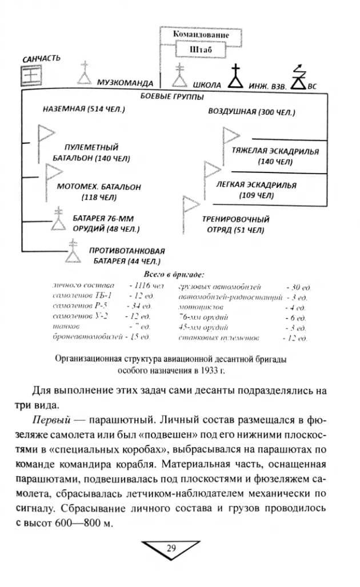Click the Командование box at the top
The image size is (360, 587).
(201, 35)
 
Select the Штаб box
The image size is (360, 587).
(201, 50)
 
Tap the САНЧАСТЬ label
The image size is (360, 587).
(41, 58)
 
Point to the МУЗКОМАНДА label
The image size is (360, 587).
(125, 83)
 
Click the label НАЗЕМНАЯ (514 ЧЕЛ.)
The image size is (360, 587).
(84, 109)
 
